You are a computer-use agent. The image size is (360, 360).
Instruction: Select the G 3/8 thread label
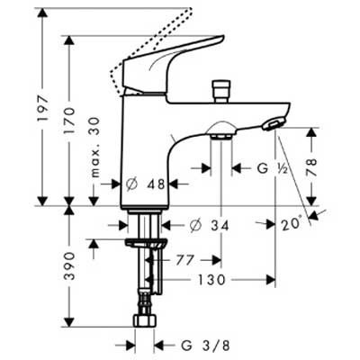tap(198, 343)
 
